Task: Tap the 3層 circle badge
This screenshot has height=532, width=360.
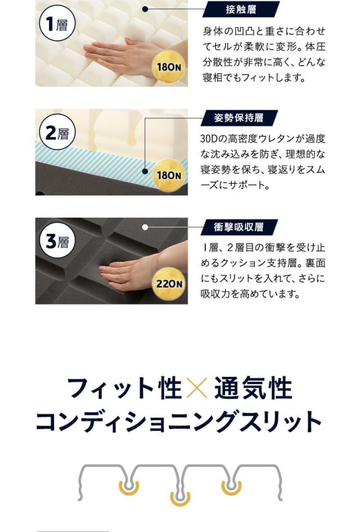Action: [x=57, y=242]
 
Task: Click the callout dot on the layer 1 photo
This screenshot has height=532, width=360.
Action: [x=145, y=9]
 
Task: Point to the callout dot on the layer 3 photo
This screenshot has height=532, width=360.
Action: [x=145, y=227]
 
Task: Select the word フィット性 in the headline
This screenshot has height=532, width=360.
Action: [x=124, y=389]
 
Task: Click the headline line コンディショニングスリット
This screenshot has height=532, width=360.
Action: [x=179, y=422]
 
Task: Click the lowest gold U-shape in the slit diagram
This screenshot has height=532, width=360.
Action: [x=180, y=498]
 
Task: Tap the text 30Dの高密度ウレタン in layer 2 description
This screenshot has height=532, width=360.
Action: [x=242, y=138]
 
